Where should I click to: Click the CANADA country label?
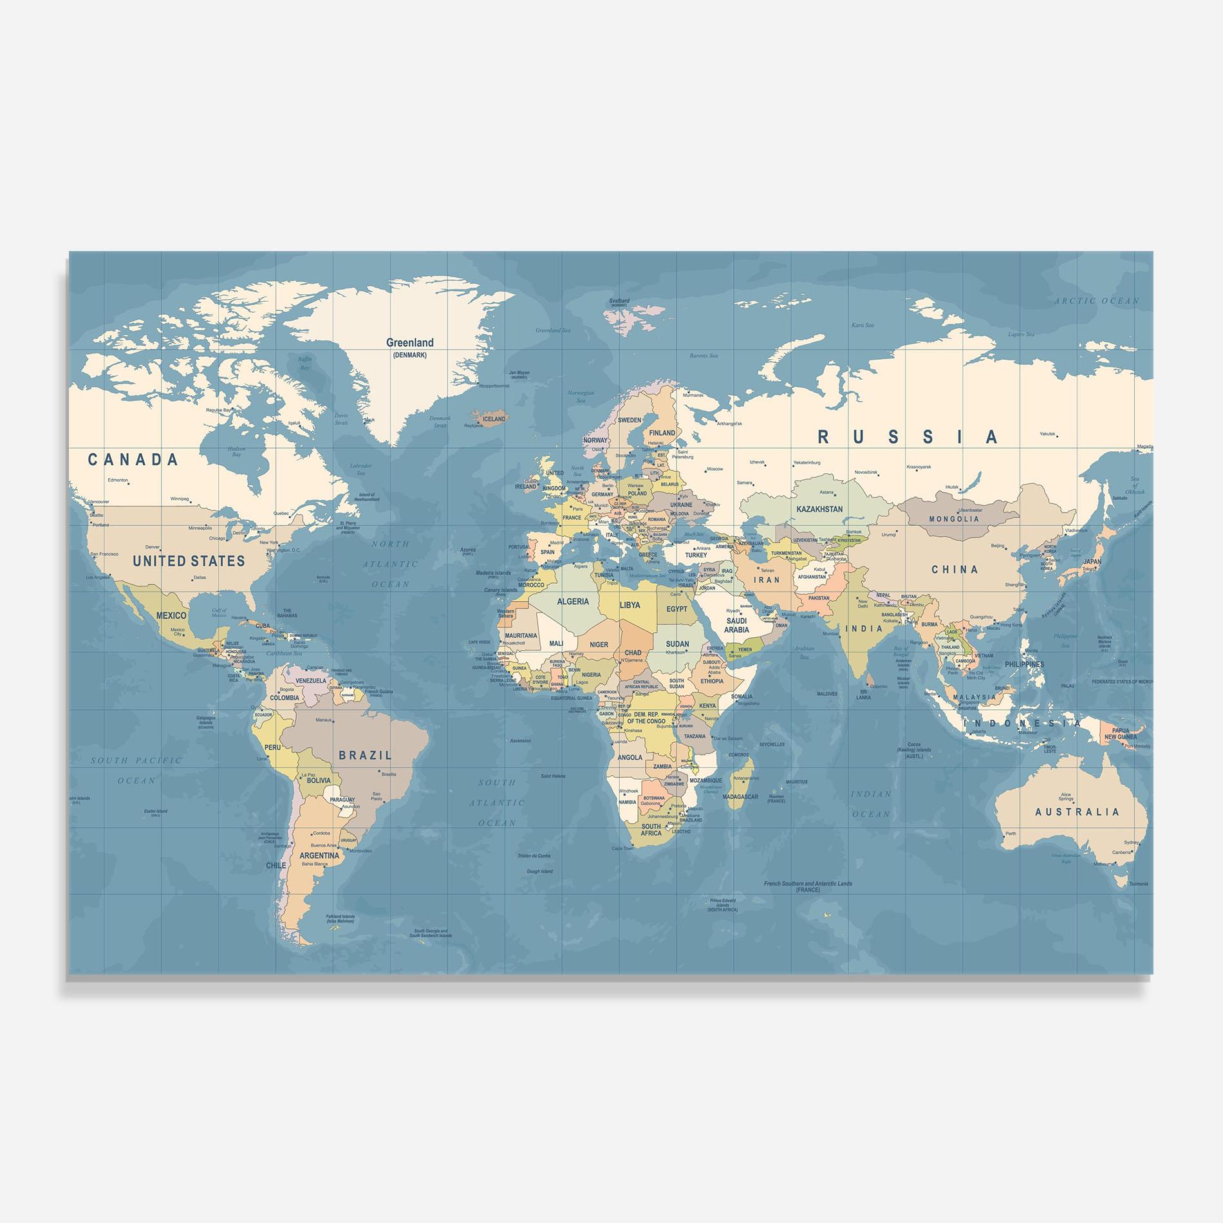133,460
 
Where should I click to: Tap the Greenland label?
409,343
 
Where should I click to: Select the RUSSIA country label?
908,438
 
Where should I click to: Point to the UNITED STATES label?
189,561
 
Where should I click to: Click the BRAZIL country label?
365,756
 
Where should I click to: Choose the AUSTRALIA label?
1077,812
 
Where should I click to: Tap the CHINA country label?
955,570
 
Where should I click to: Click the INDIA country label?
863,629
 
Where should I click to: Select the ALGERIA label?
572,602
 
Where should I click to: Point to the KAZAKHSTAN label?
819,509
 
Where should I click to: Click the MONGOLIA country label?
954,519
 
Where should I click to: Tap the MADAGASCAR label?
740,797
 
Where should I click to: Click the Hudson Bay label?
236,451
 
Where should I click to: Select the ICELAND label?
494,419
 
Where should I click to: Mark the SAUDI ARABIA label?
736,625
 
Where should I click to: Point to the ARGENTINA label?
319,855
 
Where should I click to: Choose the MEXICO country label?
171,616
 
